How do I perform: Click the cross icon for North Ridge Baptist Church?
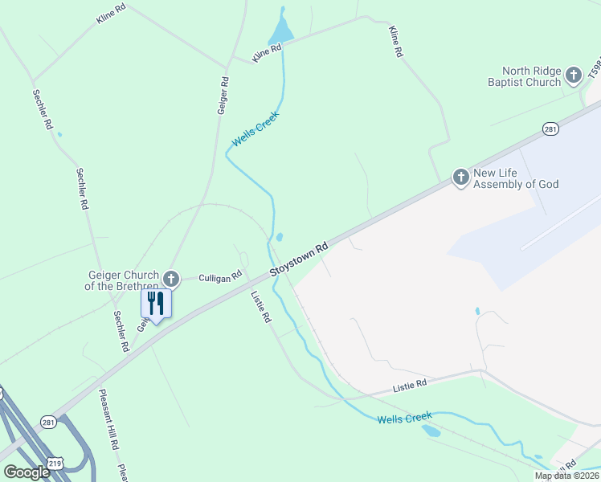[x=573, y=76]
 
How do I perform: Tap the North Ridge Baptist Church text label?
[x=524, y=76]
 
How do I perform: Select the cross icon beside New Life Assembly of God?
[x=460, y=177]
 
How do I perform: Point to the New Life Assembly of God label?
[x=516, y=178]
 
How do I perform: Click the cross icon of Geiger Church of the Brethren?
[x=170, y=279]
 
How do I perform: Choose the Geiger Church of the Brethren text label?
[x=123, y=280]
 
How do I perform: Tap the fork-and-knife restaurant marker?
[x=156, y=304]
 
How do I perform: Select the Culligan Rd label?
[x=220, y=277]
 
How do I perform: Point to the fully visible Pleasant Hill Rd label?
[x=108, y=419]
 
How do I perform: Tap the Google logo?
[x=26, y=472]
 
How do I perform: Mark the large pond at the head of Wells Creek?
[x=281, y=33]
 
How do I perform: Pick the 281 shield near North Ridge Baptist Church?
[x=550, y=129]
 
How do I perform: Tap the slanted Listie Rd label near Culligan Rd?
[x=262, y=307]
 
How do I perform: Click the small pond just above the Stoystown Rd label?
[x=280, y=237]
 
